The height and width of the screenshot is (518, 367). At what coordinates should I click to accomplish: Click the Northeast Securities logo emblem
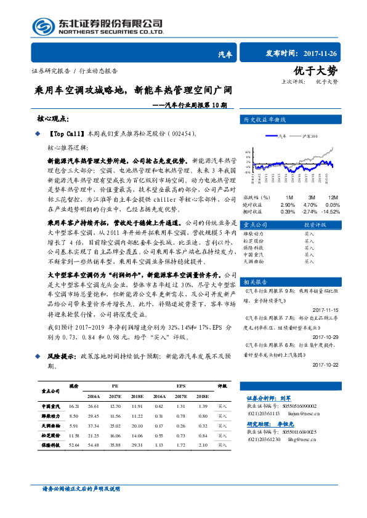click(44, 26)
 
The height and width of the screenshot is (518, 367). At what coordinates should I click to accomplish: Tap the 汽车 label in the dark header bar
click(225, 55)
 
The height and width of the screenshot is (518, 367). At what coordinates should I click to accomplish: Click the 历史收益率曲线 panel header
click(265, 119)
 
